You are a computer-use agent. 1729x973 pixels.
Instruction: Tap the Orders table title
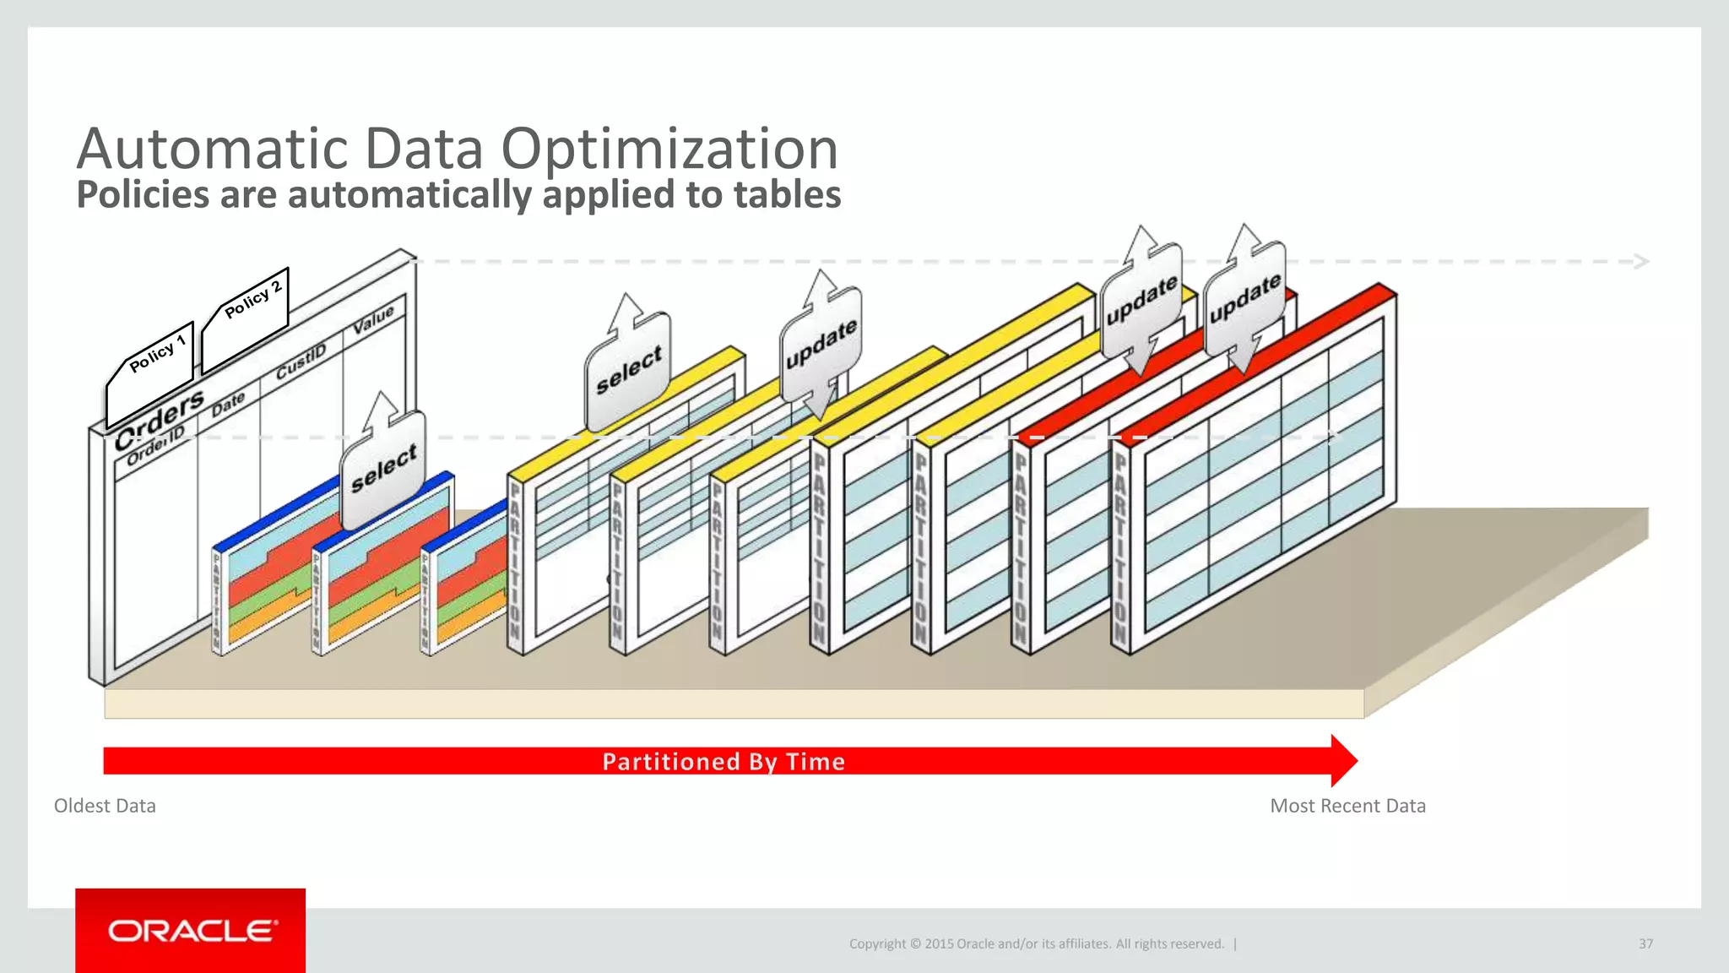160,419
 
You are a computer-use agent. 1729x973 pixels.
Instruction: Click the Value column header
373,318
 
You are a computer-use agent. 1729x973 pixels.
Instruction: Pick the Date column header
228,404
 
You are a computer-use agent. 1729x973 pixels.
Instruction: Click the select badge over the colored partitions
383,467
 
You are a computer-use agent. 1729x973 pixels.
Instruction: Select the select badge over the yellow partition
628,369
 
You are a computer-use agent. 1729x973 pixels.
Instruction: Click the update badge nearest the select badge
821,345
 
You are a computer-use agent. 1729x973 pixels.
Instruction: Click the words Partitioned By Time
724,762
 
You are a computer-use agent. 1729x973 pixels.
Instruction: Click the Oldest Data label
105,806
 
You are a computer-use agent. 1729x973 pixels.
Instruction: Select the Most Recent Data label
1347,806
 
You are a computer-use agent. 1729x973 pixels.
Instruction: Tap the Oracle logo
192,931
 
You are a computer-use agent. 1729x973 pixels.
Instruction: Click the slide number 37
1645,943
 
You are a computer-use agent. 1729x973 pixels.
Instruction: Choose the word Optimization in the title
669,149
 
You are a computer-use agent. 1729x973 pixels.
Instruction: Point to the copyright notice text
1036,943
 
